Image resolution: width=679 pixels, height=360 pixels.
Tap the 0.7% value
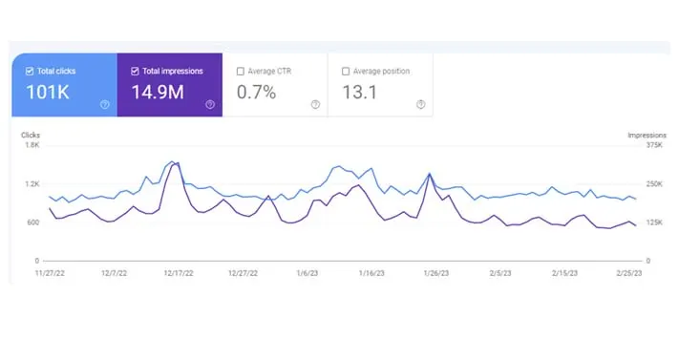pyautogui.click(x=257, y=94)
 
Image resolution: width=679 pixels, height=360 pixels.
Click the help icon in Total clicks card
pyautogui.click(x=104, y=105)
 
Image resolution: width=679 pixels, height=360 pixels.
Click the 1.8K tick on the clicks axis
pyautogui.click(x=32, y=146)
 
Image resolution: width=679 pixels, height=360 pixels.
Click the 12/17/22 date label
pyautogui.click(x=178, y=273)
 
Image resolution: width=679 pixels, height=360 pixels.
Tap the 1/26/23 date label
pyautogui.click(x=436, y=273)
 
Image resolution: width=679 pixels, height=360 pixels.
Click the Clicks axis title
pyautogui.click(x=31, y=136)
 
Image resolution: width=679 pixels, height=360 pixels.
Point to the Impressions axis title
pyautogui.click(x=647, y=136)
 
